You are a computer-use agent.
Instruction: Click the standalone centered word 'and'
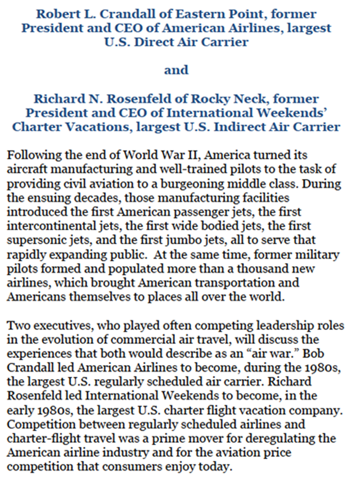pyautogui.click(x=176, y=71)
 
